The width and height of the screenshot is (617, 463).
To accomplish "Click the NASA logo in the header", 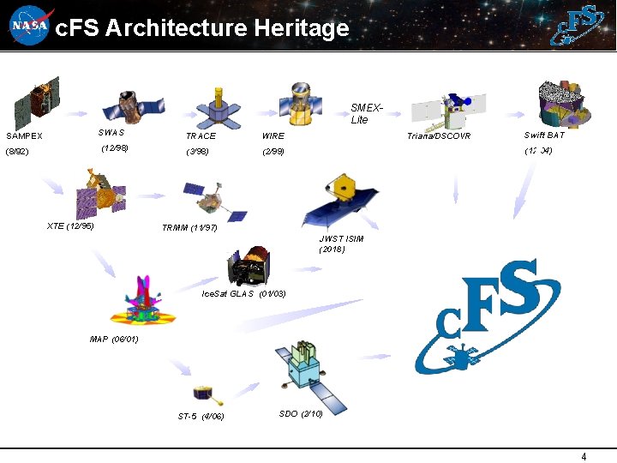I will (29, 26).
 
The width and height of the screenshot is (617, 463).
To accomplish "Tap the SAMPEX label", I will (24, 135).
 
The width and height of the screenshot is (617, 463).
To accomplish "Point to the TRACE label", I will (201, 135).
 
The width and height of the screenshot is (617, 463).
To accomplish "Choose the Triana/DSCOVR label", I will (439, 135).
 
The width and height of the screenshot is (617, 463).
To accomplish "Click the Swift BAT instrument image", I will (561, 103).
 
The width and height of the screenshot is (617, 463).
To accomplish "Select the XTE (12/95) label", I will (70, 225).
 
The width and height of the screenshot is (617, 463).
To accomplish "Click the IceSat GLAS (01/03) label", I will (243, 294).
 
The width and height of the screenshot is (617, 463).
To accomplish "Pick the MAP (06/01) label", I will (114, 339).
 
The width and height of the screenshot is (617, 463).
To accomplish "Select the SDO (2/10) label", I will (301, 414).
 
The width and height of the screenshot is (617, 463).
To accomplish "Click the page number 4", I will (584, 456).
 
